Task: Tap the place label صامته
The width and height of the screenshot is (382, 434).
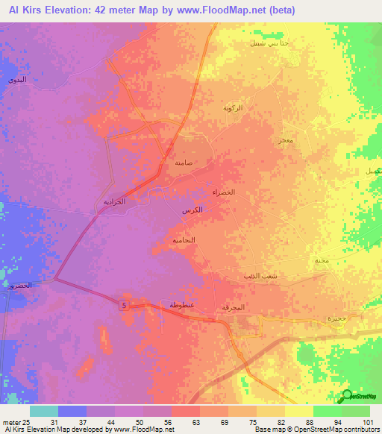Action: coord(184,163)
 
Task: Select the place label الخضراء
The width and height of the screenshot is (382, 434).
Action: coord(224,192)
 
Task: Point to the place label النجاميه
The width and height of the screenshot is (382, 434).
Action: coord(184,240)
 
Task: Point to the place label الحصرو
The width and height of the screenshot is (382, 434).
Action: coord(22,286)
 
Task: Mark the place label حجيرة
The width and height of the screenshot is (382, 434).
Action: coord(337,318)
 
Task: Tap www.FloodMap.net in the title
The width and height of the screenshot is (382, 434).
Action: coord(228,10)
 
